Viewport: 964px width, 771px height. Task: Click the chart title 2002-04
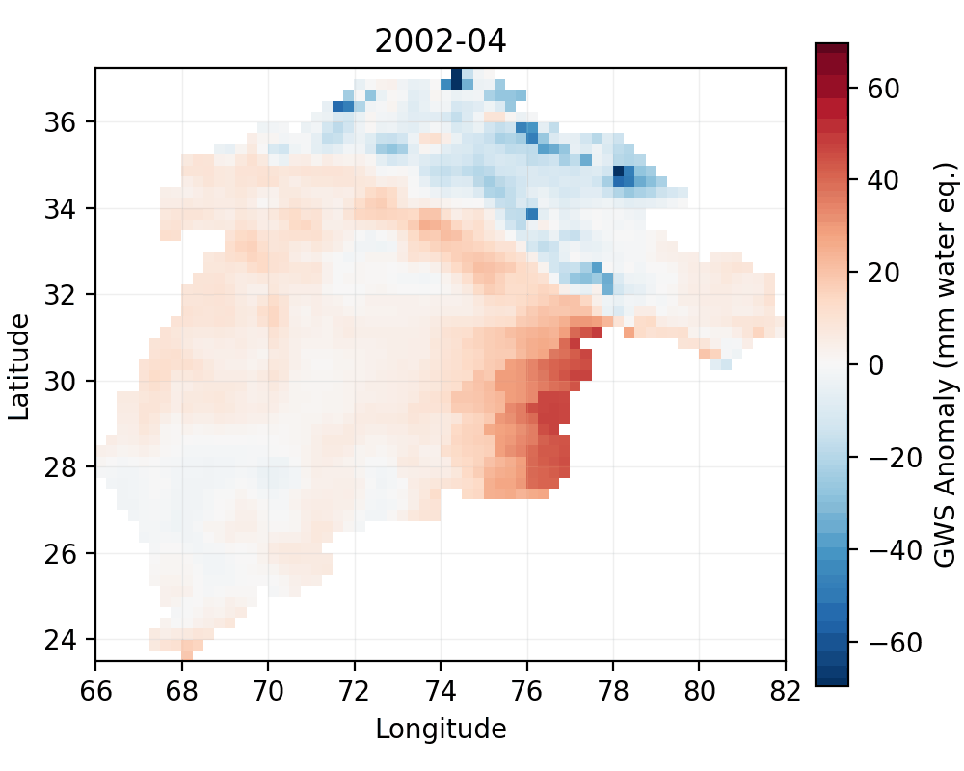(x=441, y=41)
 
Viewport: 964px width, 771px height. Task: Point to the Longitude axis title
(x=441, y=729)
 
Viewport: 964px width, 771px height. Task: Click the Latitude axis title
(x=18, y=364)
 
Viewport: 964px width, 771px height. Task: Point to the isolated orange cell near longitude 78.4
(x=629, y=332)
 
